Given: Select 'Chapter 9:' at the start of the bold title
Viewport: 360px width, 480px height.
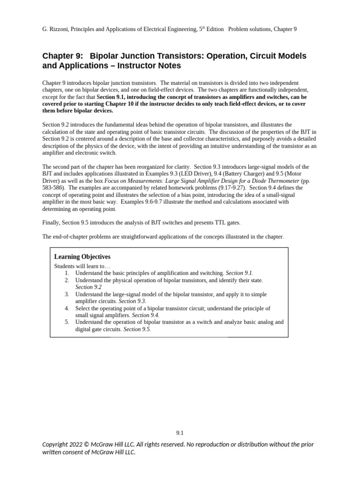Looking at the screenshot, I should click(61, 56).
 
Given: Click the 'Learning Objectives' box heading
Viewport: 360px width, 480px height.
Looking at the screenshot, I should click(82, 257).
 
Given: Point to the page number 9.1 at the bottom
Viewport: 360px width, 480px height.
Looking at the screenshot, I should click(180, 433).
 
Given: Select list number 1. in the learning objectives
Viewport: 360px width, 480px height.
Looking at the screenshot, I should click(67, 273).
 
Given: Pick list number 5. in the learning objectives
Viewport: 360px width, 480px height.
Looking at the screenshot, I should click(67, 322).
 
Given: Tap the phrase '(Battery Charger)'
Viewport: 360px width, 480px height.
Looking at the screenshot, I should click(238, 173).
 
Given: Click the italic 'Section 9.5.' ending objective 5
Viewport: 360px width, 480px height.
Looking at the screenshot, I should click(137, 329).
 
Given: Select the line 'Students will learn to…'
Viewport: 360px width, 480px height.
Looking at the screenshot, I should click(78, 266).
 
